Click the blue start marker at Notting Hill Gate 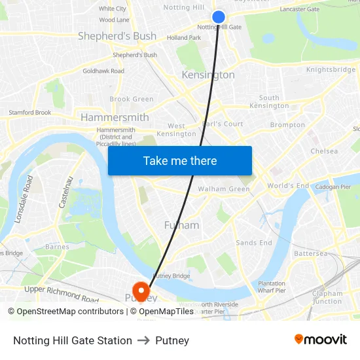pyautogui.click(x=219, y=17)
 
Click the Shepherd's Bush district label pyautogui.click(x=117, y=36)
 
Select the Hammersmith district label pyautogui.click(x=115, y=117)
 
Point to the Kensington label pyautogui.click(x=208, y=75)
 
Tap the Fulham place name pyautogui.click(x=181, y=225)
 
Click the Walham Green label pyautogui.click(x=224, y=189)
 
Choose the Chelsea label pyautogui.click(x=324, y=151)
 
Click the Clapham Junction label pyautogui.click(x=327, y=297)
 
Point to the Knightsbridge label pyautogui.click(x=331, y=70)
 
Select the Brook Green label pyautogui.click(x=132, y=99)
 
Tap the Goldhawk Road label pyautogui.click(x=103, y=71)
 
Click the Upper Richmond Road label pyautogui.click(x=62, y=293)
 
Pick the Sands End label pyautogui.click(x=254, y=243)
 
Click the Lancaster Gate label pyautogui.click(x=299, y=9)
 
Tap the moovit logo pyautogui.click(x=321, y=340)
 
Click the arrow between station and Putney pyautogui.click(x=143, y=340)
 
